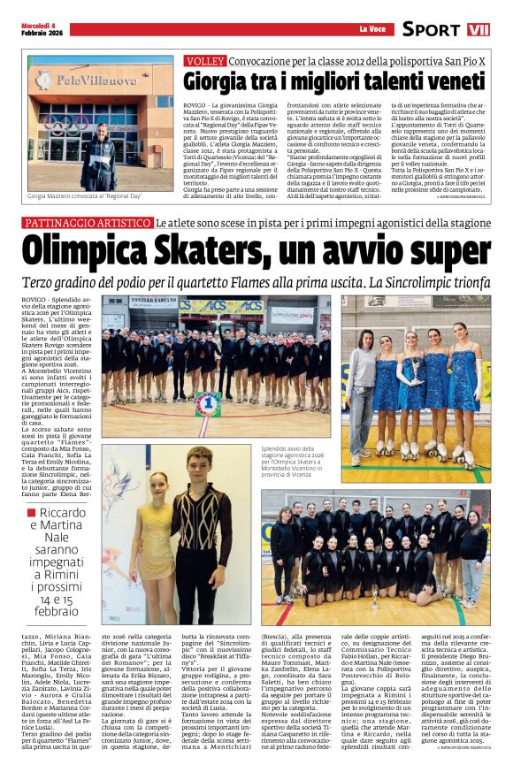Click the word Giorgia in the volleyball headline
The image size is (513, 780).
click(217, 82)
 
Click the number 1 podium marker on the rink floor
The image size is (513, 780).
click(208, 406)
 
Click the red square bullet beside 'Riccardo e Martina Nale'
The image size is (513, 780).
click(32, 514)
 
